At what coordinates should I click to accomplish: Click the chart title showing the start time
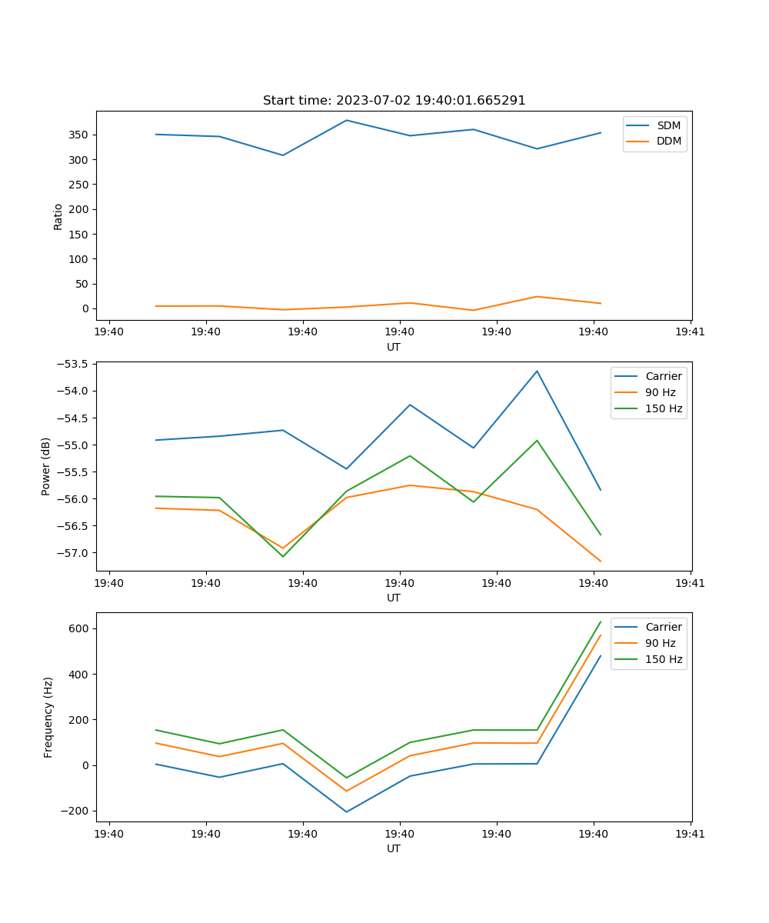394,101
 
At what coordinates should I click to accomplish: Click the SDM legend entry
668,125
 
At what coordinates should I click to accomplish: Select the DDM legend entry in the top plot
669,142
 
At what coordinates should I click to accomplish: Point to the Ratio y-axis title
58,216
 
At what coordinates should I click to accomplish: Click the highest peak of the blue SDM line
346,120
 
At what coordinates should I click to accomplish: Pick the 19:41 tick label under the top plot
690,332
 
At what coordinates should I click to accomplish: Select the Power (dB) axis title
46,466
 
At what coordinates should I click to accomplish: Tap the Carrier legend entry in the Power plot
663,376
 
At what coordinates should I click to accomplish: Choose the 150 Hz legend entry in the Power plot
663,408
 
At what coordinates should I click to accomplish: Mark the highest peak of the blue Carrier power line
537,371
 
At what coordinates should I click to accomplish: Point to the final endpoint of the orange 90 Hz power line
601,561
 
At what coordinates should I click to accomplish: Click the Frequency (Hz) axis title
48,717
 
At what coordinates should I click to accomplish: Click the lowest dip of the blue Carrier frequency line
346,811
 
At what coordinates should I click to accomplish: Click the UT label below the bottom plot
394,848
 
